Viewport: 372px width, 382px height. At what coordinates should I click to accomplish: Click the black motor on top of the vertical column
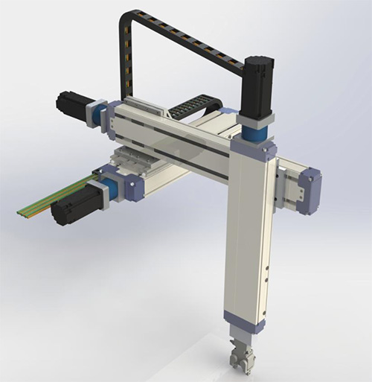tap(257, 86)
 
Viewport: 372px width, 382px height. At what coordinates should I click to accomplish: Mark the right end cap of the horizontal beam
tap(309, 190)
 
